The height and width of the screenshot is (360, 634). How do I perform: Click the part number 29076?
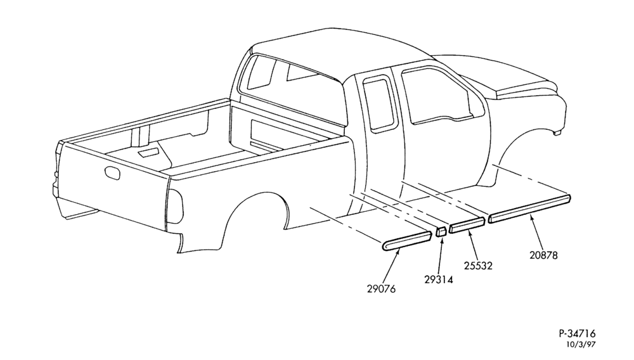381,289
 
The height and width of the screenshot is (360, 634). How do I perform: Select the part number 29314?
439,280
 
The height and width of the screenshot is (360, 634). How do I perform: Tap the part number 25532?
478,266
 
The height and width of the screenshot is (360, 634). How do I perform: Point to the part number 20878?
543,255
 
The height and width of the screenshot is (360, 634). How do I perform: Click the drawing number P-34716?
578,334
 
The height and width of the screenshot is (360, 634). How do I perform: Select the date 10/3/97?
581,344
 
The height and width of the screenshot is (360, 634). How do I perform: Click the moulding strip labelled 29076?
406,241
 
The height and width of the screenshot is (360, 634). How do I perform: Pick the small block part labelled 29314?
441,231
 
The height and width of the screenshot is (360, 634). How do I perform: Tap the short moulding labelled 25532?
467,226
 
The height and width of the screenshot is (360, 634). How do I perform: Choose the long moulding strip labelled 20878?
529,209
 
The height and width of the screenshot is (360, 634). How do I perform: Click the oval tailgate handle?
112,172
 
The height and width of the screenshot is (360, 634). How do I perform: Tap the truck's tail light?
175,206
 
